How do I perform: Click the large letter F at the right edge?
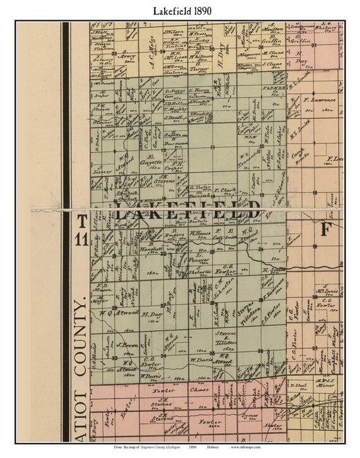click(x=326, y=229)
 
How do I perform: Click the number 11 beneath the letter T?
click(x=81, y=239)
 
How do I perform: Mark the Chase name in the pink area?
click(x=202, y=390)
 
